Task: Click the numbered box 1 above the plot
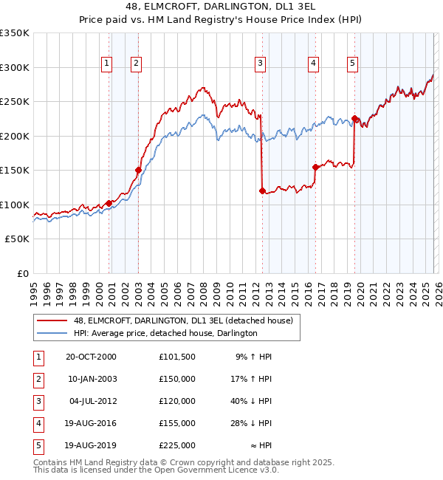[x=108, y=64]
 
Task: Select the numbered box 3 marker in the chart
[x=261, y=64]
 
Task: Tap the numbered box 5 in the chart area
[x=353, y=64]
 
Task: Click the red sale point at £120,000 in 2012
[x=262, y=191]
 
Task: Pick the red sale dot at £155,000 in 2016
[x=316, y=167]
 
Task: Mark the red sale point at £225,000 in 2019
[x=355, y=118]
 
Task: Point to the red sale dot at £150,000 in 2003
[x=138, y=170]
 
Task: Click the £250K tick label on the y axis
[x=15, y=102]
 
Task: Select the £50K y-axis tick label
[x=17, y=239]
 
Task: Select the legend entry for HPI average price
[x=165, y=334]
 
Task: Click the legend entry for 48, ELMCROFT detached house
[x=183, y=320]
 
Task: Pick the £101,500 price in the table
[x=176, y=357]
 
